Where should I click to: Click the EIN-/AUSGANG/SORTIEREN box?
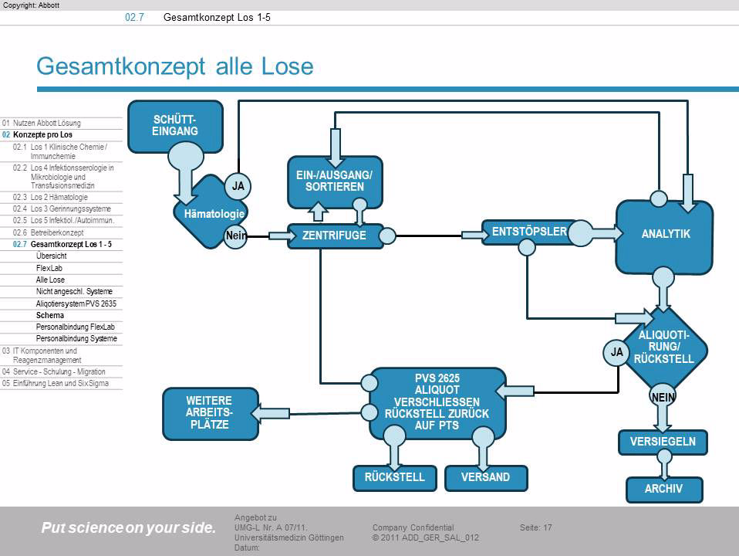[334, 181]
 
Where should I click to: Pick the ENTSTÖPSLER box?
[524, 231]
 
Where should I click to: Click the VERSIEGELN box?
[663, 442]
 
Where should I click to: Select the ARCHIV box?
[663, 489]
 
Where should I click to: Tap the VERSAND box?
[486, 477]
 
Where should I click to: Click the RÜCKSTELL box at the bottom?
[395, 477]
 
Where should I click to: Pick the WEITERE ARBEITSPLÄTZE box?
[208, 412]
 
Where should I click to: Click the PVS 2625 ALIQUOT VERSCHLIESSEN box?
[437, 402]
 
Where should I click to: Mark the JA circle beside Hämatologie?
[238, 186]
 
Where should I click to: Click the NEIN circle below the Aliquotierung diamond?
[663, 396]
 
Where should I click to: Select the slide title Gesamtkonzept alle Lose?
[175, 67]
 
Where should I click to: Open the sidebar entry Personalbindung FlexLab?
[73, 327]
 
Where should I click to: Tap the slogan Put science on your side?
[129, 528]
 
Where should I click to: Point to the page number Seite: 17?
[536, 527]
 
